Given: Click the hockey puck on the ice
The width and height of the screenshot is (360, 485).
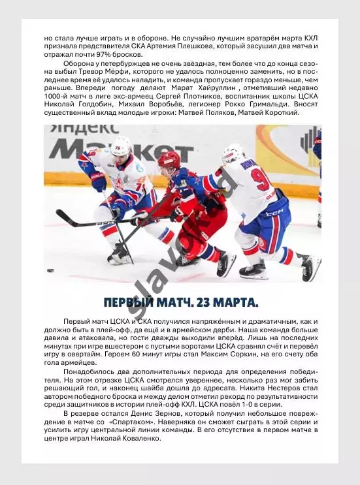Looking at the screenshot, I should click(x=50, y=270).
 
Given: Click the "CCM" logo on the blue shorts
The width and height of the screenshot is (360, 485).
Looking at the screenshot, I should click(x=275, y=213).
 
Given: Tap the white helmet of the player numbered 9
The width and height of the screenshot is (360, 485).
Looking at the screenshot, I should click(x=233, y=153).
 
